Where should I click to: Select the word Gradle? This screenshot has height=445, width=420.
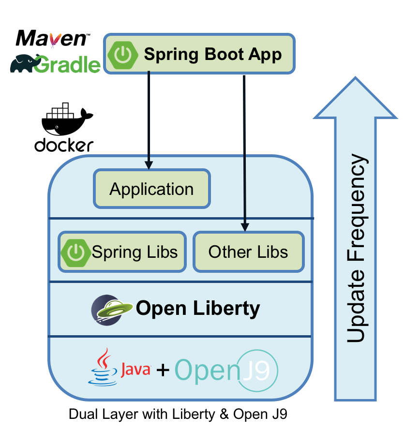pos(68,64)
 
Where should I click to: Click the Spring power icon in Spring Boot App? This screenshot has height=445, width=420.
pos(123,54)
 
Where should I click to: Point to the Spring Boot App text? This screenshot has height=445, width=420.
pos(212,54)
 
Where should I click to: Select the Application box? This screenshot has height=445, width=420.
pos(151,189)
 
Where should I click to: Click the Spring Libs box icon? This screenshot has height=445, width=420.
pos(75,252)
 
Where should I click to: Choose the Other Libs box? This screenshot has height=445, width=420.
pos(248,252)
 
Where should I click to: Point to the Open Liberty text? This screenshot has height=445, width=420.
pos(198,308)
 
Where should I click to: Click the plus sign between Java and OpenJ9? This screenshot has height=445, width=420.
pos(163,370)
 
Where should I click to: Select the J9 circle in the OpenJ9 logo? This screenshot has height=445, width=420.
pos(259,370)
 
